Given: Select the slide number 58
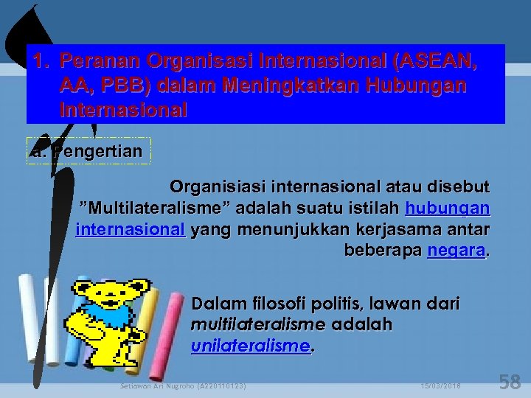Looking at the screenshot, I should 510,382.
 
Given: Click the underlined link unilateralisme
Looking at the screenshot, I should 249,345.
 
